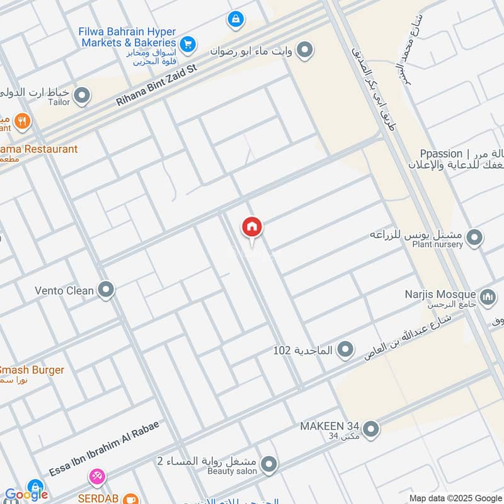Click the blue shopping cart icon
[x=187, y=44]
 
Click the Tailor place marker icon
[x=81, y=96]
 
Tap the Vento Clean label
[x=64, y=291]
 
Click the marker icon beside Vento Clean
[x=106, y=290]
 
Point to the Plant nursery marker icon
[x=475, y=238]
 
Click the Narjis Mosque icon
[x=488, y=296]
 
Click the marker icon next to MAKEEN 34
[x=372, y=430]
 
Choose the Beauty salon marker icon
[x=269, y=465]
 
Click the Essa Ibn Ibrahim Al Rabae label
[x=103, y=449]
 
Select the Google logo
[x=27, y=495]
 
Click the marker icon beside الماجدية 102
[x=345, y=349]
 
